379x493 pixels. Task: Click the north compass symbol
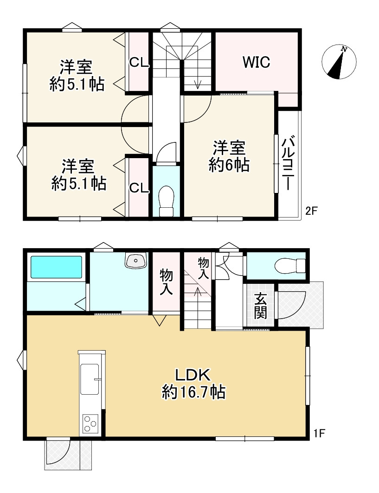pos(339,62)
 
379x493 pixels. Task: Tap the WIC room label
pos(257,62)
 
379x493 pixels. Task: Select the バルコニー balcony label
pos(288,163)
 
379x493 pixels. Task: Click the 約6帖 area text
pos(229,165)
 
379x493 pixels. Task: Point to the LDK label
pos(193,375)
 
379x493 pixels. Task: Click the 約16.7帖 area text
pos(193,392)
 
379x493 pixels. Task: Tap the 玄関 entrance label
pos(260,306)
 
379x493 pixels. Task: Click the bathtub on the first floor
pos(56,267)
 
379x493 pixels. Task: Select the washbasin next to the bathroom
pos(136,260)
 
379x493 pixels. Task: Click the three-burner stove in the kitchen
pos(90,423)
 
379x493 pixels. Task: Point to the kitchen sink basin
pos(90,379)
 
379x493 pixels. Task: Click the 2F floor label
pos(312,211)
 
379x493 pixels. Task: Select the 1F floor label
pos(319,434)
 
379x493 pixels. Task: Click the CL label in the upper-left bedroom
pos(139,63)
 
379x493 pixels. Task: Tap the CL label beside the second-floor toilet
pos(139,188)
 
